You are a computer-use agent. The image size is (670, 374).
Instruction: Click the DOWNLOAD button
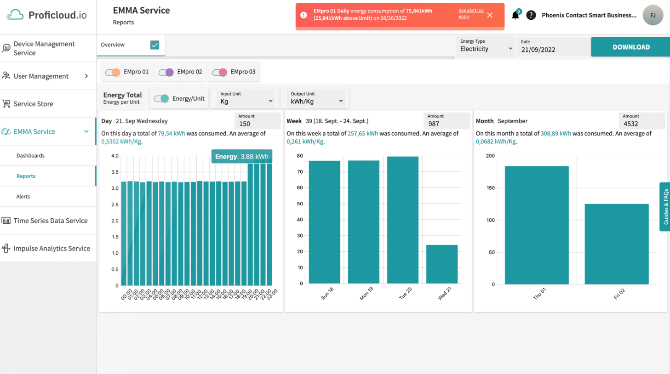(630, 47)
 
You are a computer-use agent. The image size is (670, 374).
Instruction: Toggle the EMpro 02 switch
(166, 72)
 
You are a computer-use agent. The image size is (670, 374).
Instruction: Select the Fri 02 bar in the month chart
(616, 244)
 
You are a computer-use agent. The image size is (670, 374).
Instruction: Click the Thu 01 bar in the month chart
(536, 225)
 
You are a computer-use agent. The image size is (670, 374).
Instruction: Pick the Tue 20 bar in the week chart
(402, 220)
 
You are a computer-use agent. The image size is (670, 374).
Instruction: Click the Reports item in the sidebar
(26, 176)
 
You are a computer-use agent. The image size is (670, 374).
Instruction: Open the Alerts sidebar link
(23, 197)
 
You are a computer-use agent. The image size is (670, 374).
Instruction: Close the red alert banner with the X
(490, 15)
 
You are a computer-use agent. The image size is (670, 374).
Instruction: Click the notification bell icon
(515, 16)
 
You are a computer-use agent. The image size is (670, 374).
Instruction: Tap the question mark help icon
(531, 15)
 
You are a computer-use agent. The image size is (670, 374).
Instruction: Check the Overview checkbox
(155, 45)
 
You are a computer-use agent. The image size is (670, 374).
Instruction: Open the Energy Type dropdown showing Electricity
(486, 49)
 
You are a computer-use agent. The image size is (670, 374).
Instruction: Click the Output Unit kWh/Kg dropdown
(316, 101)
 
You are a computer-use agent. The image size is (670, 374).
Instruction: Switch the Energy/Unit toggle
(161, 99)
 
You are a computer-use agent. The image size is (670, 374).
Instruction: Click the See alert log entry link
(470, 13)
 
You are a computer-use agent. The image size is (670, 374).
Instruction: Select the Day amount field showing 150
(258, 124)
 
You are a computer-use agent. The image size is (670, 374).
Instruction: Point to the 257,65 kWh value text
(362, 134)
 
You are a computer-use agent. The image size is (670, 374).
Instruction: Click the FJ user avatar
(653, 15)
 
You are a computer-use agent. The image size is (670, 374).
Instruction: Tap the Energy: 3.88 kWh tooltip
(241, 157)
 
